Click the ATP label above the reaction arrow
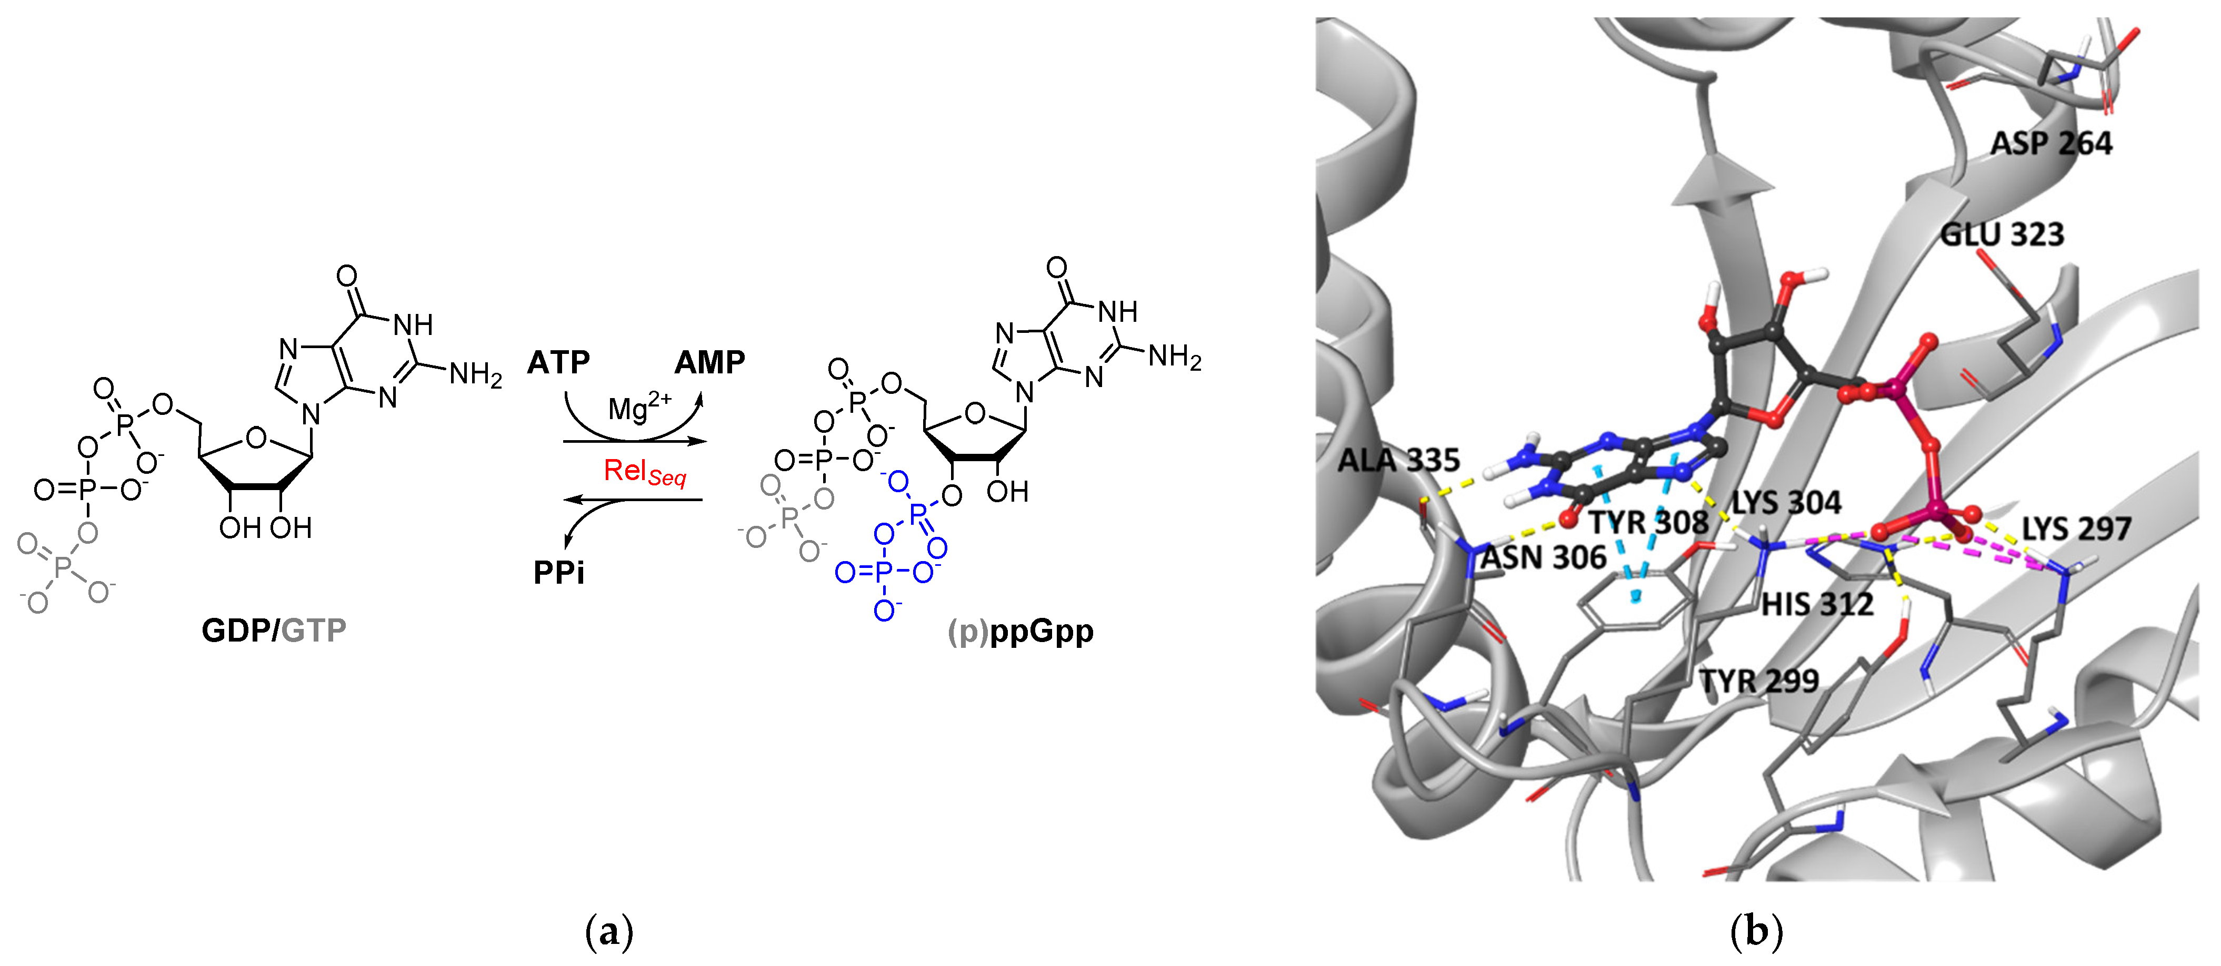click(x=558, y=363)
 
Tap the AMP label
click(x=709, y=363)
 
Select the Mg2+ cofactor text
click(x=639, y=406)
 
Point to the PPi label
click(x=559, y=572)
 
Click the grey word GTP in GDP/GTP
click(x=314, y=631)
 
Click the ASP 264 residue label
click(x=2051, y=143)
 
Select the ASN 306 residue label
click(x=1543, y=557)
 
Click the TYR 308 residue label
click(x=1648, y=522)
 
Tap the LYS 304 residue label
click(x=1786, y=502)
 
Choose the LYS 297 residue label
click(x=2076, y=528)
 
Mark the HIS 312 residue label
click(x=1817, y=604)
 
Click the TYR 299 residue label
click(x=1759, y=681)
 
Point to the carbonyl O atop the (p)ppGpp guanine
click(x=1056, y=268)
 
